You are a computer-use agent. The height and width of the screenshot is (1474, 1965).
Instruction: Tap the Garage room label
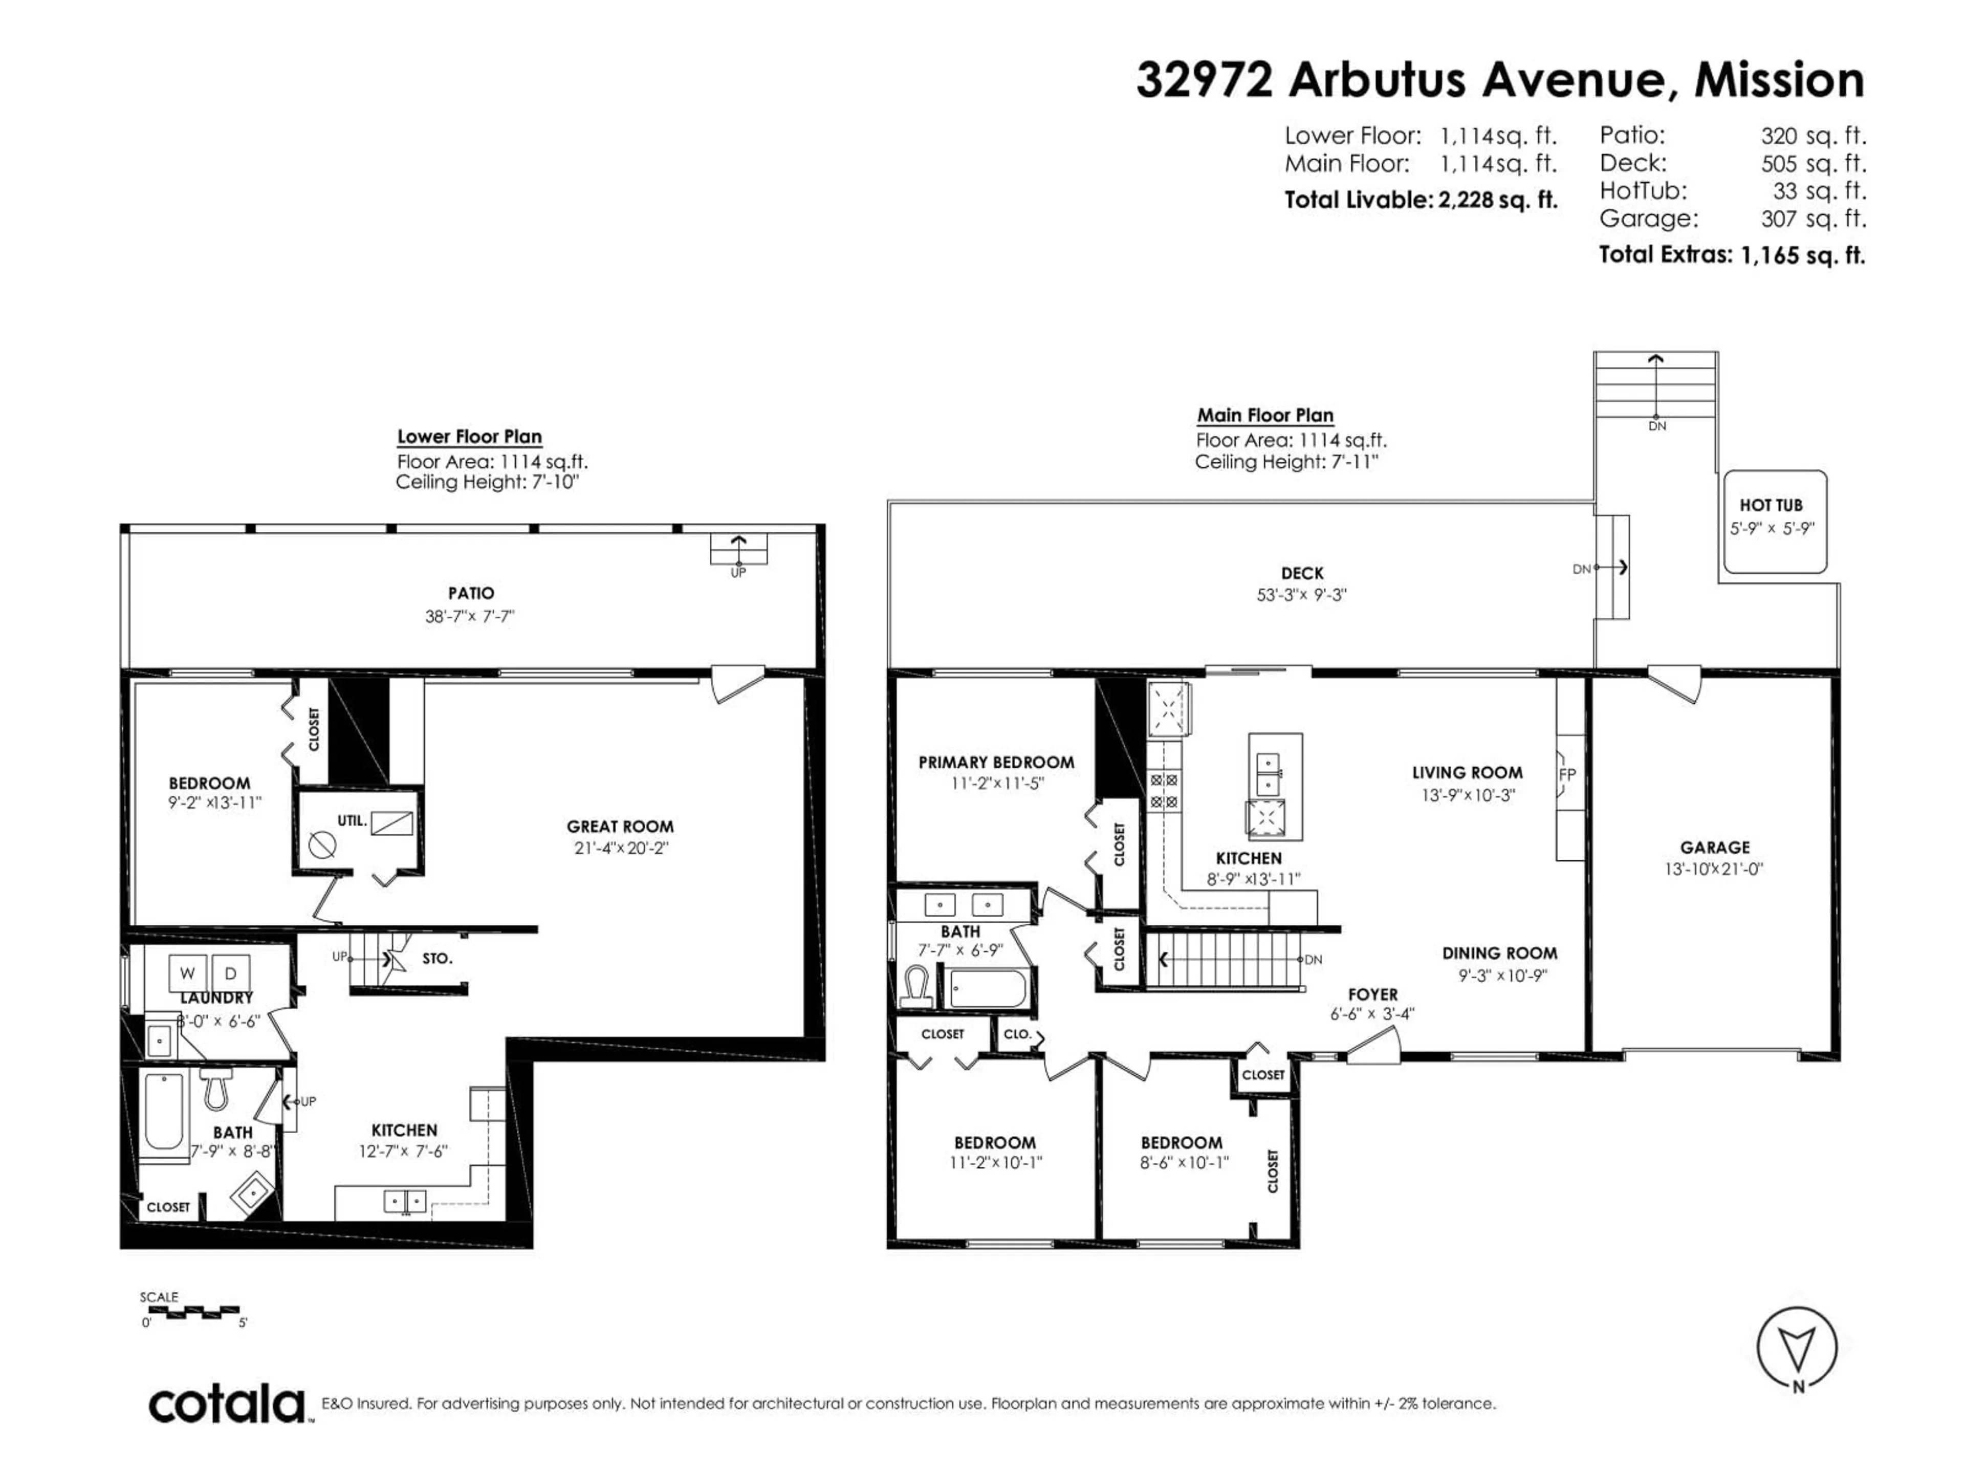[1714, 848]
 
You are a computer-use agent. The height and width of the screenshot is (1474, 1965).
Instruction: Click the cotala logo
[227, 1405]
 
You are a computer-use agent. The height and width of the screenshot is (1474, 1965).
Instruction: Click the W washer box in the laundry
[187, 973]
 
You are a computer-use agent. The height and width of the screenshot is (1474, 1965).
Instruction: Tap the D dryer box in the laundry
[231, 973]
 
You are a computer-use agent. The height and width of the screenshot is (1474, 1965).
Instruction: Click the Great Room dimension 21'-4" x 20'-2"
[621, 848]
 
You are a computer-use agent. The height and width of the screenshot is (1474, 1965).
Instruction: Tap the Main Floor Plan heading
[1265, 415]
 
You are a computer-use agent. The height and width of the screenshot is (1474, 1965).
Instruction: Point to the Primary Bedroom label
[996, 762]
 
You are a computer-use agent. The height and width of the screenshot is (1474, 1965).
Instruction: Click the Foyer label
[1372, 994]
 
